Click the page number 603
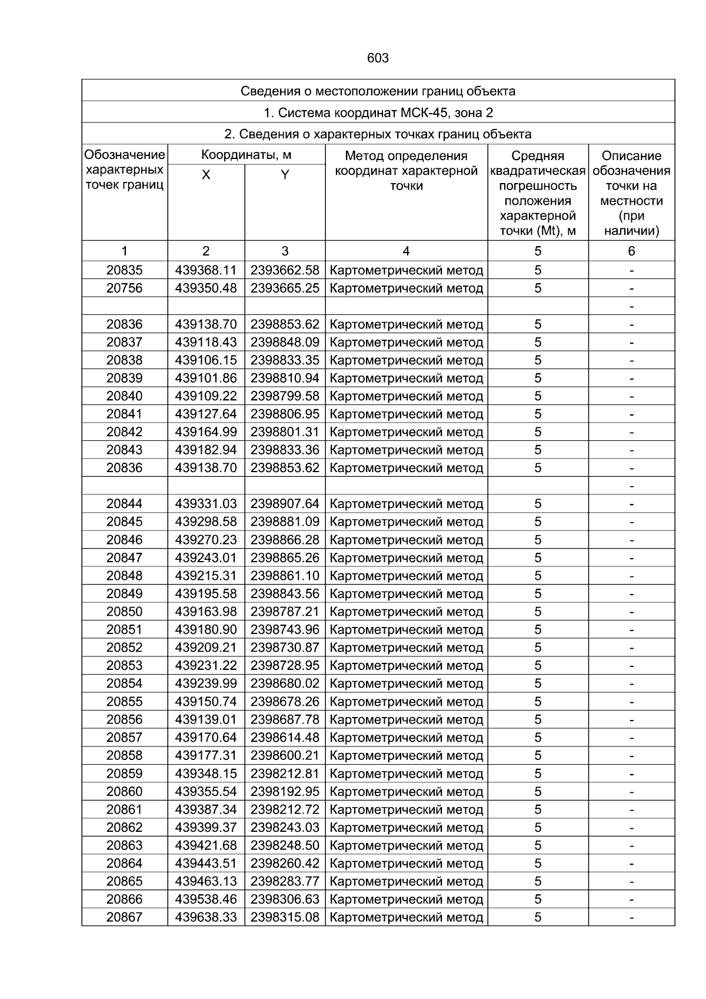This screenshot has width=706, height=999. [x=378, y=58]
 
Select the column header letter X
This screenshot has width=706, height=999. [x=206, y=175]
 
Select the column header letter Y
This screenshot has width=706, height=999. [x=285, y=175]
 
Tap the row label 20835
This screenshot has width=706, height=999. [x=124, y=270]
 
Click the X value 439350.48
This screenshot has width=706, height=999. [x=206, y=288]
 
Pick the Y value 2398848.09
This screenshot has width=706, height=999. [x=285, y=342]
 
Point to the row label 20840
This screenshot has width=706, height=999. [x=124, y=396]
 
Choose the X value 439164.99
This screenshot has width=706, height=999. [x=206, y=432]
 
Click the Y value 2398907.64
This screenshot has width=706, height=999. [x=285, y=504]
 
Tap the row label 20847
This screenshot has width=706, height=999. [x=124, y=557]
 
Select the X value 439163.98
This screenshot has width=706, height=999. [x=206, y=612]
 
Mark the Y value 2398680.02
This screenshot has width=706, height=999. [x=285, y=683]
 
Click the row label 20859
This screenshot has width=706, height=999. [x=124, y=774]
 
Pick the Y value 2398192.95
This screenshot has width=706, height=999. [x=285, y=791]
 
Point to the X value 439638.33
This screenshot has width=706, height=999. [x=206, y=917]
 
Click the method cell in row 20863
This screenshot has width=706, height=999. [x=407, y=845]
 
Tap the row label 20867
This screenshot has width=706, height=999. [x=124, y=917]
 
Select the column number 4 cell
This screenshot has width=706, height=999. [x=406, y=251]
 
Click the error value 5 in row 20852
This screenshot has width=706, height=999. [x=538, y=648]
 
